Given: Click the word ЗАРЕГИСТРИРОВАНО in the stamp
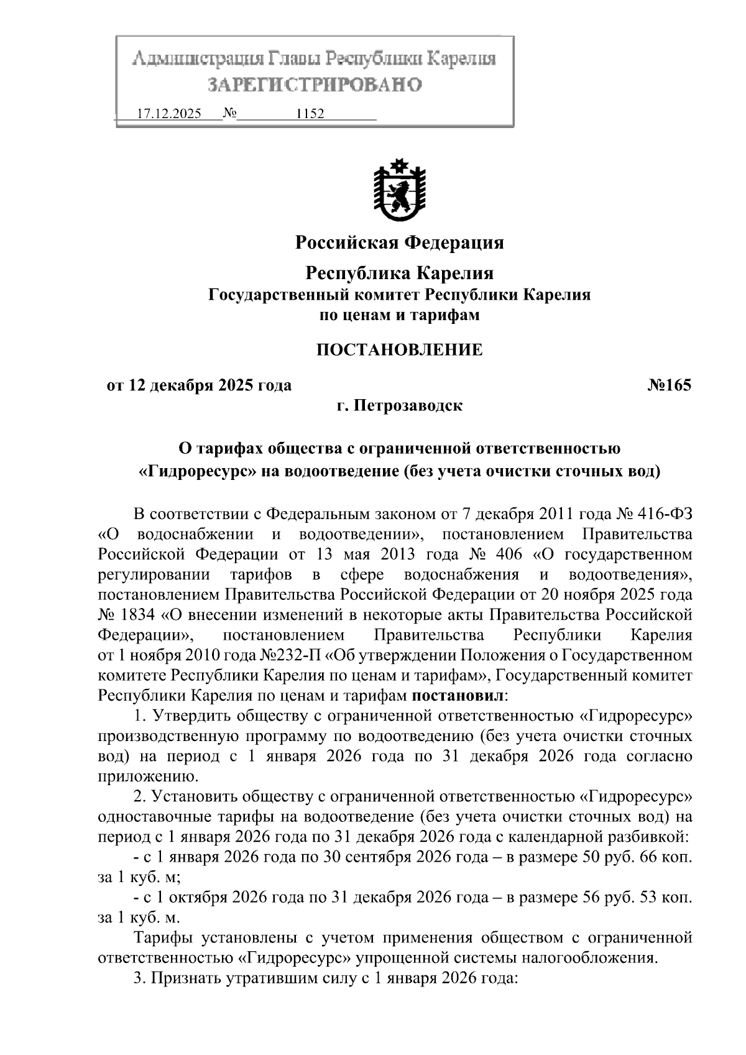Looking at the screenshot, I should [x=315, y=84].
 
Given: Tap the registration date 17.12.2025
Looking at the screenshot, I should [x=168, y=114].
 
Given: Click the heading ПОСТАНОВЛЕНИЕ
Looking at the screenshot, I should [x=399, y=350].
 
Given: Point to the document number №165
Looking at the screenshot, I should [x=669, y=385].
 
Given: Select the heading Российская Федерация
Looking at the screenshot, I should [x=399, y=242].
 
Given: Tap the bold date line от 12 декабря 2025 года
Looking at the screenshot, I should [x=199, y=385].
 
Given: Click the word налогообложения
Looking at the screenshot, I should [x=588, y=957].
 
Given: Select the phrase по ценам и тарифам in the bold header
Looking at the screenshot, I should [x=399, y=315].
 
